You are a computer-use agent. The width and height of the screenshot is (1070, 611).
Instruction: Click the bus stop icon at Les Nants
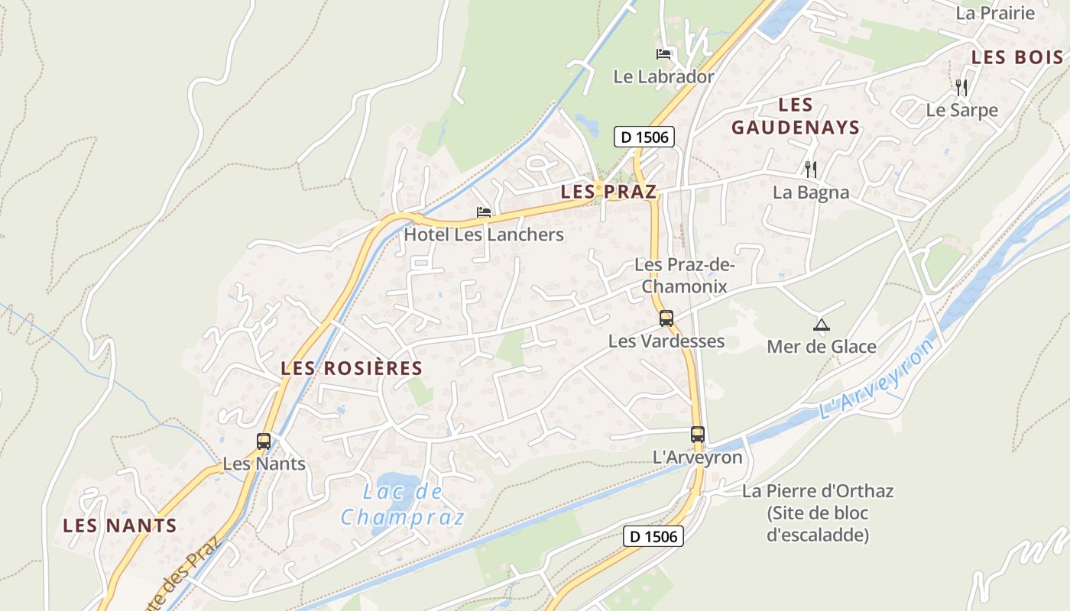pyautogui.click(x=264, y=441)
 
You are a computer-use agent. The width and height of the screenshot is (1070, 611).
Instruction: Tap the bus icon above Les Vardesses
pyautogui.click(x=666, y=318)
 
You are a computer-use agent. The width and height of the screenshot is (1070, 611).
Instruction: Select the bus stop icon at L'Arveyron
pyautogui.click(x=698, y=435)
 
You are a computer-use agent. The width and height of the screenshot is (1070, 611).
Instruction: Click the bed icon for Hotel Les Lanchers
pyautogui.click(x=484, y=212)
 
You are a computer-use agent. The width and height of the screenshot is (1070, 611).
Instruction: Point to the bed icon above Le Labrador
pyautogui.click(x=663, y=54)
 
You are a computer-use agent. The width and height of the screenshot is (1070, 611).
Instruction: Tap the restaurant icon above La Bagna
pyautogui.click(x=811, y=170)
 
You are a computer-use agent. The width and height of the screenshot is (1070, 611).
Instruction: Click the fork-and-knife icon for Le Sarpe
pyautogui.click(x=961, y=88)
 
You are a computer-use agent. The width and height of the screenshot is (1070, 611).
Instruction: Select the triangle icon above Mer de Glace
pyautogui.click(x=822, y=325)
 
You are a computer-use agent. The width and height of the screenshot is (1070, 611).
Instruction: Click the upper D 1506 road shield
pyautogui.click(x=645, y=137)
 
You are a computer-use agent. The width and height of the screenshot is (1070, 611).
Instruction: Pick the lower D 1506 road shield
pyautogui.click(x=653, y=536)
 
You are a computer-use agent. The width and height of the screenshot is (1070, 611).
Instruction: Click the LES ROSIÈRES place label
pyautogui.click(x=352, y=368)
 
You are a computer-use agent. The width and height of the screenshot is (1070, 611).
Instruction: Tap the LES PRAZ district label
pyautogui.click(x=608, y=192)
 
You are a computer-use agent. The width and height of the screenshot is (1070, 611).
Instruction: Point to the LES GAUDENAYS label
pyautogui.click(x=796, y=116)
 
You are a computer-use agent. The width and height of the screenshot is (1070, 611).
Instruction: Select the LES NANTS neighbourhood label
pyautogui.click(x=120, y=525)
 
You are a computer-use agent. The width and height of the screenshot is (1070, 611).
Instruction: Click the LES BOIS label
pyautogui.click(x=1016, y=57)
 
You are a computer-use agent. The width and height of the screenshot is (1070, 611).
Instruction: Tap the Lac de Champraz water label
pyautogui.click(x=402, y=505)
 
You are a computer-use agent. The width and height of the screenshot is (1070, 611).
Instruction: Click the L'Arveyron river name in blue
pyautogui.click(x=877, y=379)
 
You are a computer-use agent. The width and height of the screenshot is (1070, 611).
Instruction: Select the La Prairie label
pyautogui.click(x=995, y=13)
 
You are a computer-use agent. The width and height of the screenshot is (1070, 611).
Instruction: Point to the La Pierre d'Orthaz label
pyautogui.click(x=818, y=512)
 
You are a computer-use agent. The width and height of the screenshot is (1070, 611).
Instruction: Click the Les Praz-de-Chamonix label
pyautogui.click(x=684, y=276)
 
